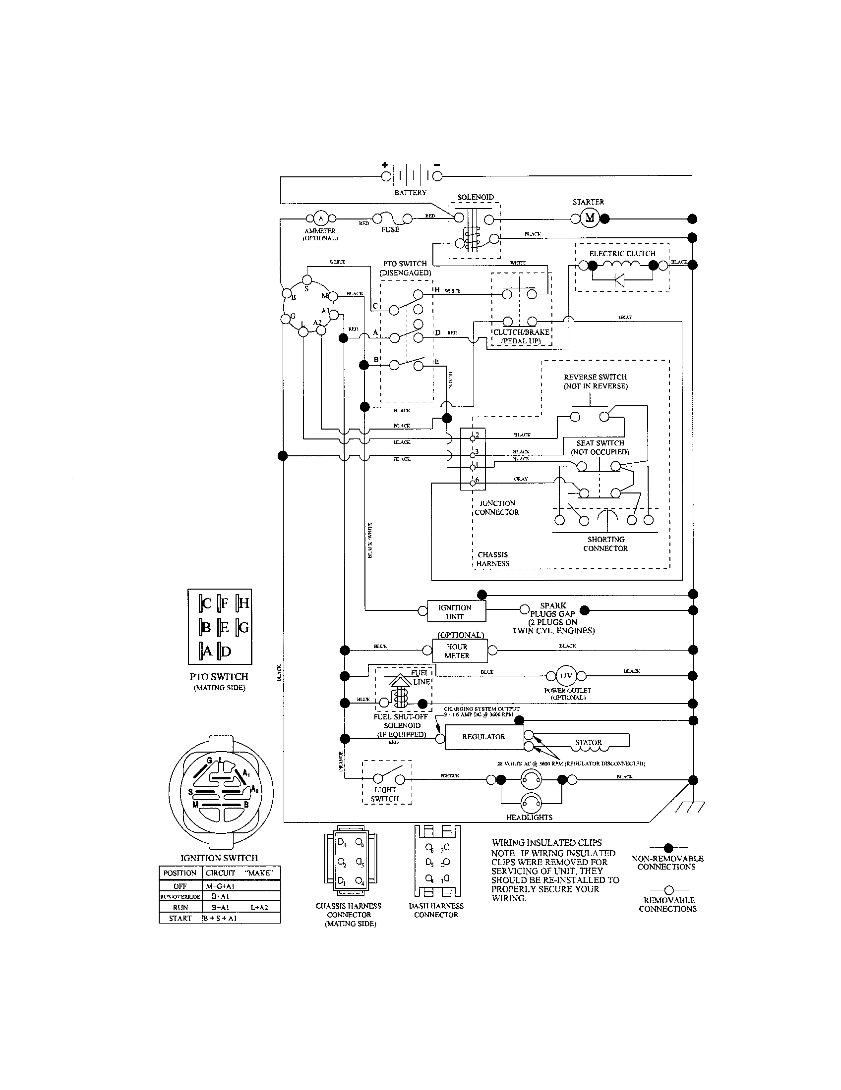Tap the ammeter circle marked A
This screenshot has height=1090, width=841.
321,218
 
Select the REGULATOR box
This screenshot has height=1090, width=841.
483,737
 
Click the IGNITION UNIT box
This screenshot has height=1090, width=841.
456,612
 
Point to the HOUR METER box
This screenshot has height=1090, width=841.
457,651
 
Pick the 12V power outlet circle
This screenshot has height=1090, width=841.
566,676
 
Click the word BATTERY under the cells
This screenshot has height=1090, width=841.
410,192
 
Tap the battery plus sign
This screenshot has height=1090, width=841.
384,165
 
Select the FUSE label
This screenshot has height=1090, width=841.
390,229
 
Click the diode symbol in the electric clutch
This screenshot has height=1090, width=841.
620,280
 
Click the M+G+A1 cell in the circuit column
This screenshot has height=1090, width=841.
221,886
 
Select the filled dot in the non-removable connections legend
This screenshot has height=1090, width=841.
668,847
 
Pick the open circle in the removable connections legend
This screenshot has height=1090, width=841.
669,889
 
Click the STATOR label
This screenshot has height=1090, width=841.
588,742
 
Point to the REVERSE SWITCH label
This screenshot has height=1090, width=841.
595,378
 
